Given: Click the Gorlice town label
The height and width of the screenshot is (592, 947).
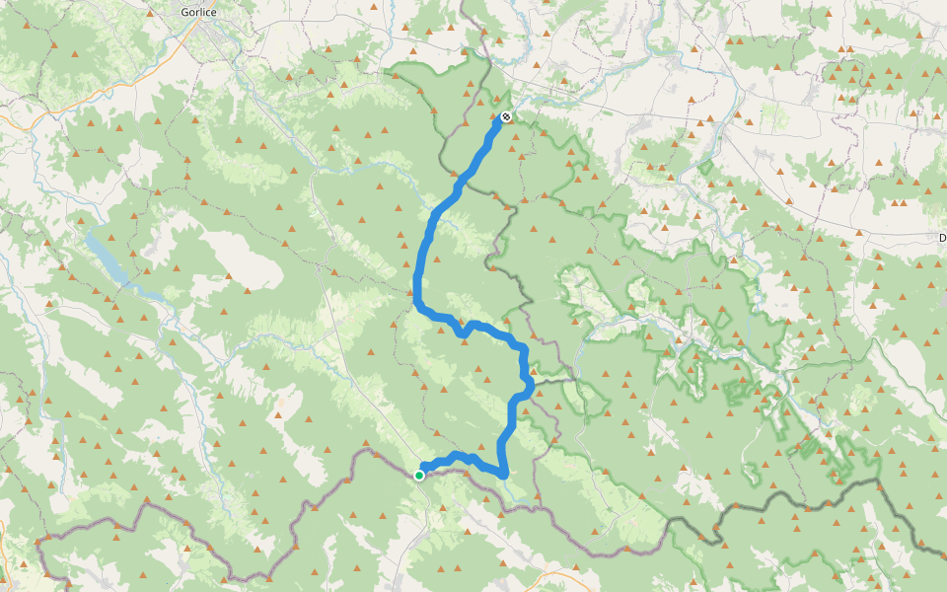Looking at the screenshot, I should [200, 12].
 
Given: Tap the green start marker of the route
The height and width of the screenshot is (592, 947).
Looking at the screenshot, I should [419, 476].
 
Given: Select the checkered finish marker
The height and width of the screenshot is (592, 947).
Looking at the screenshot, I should [505, 117].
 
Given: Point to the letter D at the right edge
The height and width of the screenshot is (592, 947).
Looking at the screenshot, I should [942, 238].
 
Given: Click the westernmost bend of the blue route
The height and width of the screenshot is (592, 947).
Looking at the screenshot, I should [416, 292].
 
